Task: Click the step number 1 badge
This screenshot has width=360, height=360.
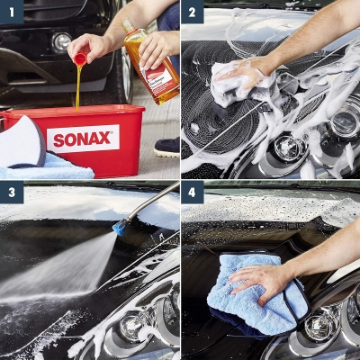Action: (x=12, y=12)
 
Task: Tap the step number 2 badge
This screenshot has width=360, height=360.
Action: (x=193, y=12)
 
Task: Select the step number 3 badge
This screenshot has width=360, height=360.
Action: (x=12, y=193)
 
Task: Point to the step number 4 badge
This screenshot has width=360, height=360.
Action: (x=193, y=193)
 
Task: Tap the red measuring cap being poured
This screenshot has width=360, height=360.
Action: (x=80, y=59)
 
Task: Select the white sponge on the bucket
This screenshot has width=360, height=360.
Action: (x=22, y=139)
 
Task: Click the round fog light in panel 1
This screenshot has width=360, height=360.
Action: (x=60, y=41)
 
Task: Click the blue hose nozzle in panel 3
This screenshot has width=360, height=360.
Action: (x=119, y=229)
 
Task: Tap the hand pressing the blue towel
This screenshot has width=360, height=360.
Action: (x=261, y=281)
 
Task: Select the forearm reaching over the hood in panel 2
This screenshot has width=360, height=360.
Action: (x=315, y=36)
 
